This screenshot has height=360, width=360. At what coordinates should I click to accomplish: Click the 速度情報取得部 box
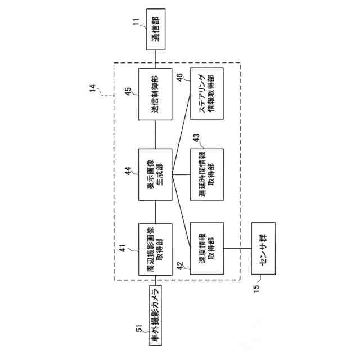tap(207, 249)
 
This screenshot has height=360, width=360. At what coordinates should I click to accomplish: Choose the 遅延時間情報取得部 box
tap(207, 174)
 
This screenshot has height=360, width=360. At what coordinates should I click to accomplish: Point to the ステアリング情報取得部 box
tap(207, 94)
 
